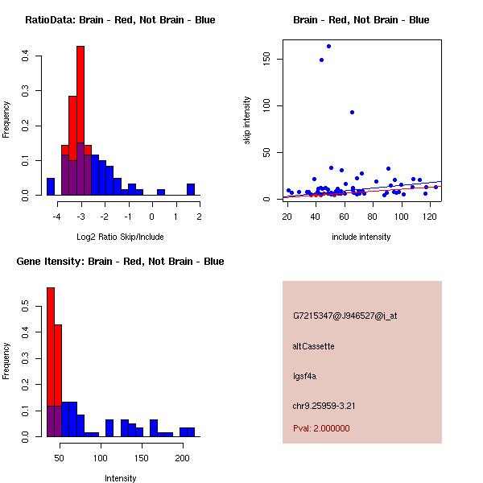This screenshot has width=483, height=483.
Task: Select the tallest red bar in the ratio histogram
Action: [x=80, y=121]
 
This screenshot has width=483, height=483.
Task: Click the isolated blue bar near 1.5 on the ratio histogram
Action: [x=191, y=190]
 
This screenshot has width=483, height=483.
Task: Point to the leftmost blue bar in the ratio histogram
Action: [x=51, y=187]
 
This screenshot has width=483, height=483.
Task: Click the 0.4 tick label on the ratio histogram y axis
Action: [x=26, y=56]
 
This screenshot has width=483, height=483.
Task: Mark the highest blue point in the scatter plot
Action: [x=328, y=46]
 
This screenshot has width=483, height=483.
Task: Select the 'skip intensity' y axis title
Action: [x=247, y=121]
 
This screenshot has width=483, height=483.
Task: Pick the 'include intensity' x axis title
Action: [x=361, y=237]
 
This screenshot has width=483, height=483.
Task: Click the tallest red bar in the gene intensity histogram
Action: [x=51, y=362]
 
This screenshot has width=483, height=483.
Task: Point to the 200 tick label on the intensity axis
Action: [x=183, y=458]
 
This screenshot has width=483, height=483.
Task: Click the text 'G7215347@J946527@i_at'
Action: [x=345, y=316]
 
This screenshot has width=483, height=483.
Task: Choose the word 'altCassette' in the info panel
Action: [x=314, y=346]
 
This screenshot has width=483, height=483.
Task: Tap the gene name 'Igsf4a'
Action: [x=305, y=376]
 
